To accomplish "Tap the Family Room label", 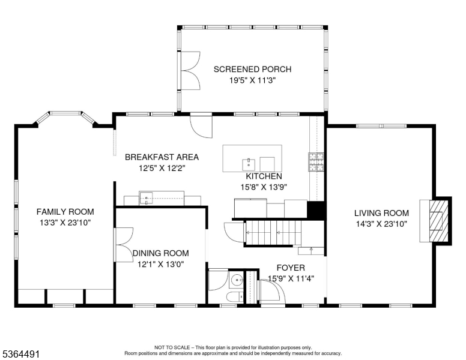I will pyautogui.click(x=65, y=212).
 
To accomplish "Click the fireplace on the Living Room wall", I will pyautogui.click(x=437, y=220).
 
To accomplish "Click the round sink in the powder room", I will pyautogui.click(x=237, y=280).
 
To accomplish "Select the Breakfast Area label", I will pyautogui.click(x=162, y=157).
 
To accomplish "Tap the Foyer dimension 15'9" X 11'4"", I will pyautogui.click(x=291, y=278).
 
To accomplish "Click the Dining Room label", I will pyautogui.click(x=160, y=253).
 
